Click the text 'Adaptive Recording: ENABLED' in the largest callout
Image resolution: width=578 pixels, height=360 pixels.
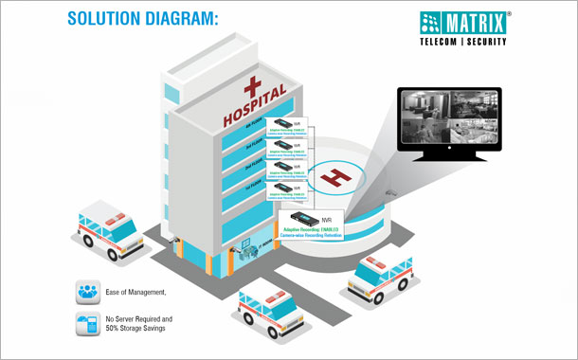[x=311, y=229]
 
